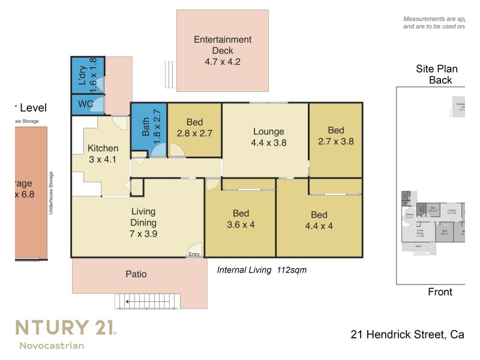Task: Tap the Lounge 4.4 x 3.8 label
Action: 268,137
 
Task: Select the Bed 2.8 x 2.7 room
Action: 194,130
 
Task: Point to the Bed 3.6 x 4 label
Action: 241,219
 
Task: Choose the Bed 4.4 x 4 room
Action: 319,220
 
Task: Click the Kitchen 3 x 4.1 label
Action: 103,154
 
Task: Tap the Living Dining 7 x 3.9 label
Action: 143,223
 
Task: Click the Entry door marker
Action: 194,254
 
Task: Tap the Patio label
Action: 136,274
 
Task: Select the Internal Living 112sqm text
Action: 262,270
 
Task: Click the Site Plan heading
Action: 437,69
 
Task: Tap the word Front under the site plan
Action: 440,292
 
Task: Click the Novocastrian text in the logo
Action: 52,345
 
